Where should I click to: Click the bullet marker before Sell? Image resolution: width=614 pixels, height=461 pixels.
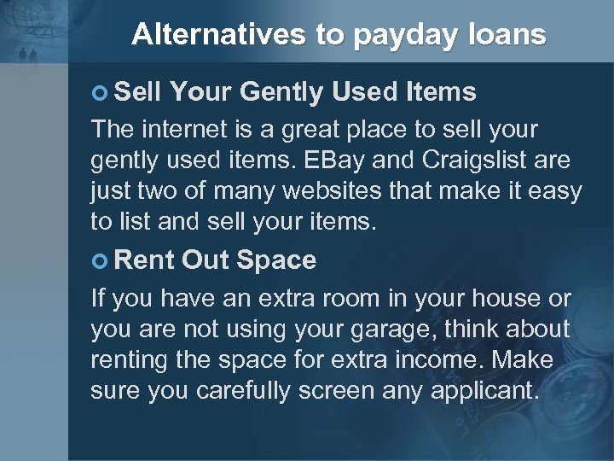pyautogui.click(x=100, y=90)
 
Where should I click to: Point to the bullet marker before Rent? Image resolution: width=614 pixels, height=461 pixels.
pyautogui.click(x=100, y=260)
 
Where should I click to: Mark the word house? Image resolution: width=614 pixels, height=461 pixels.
pyautogui.click(x=495, y=300)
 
